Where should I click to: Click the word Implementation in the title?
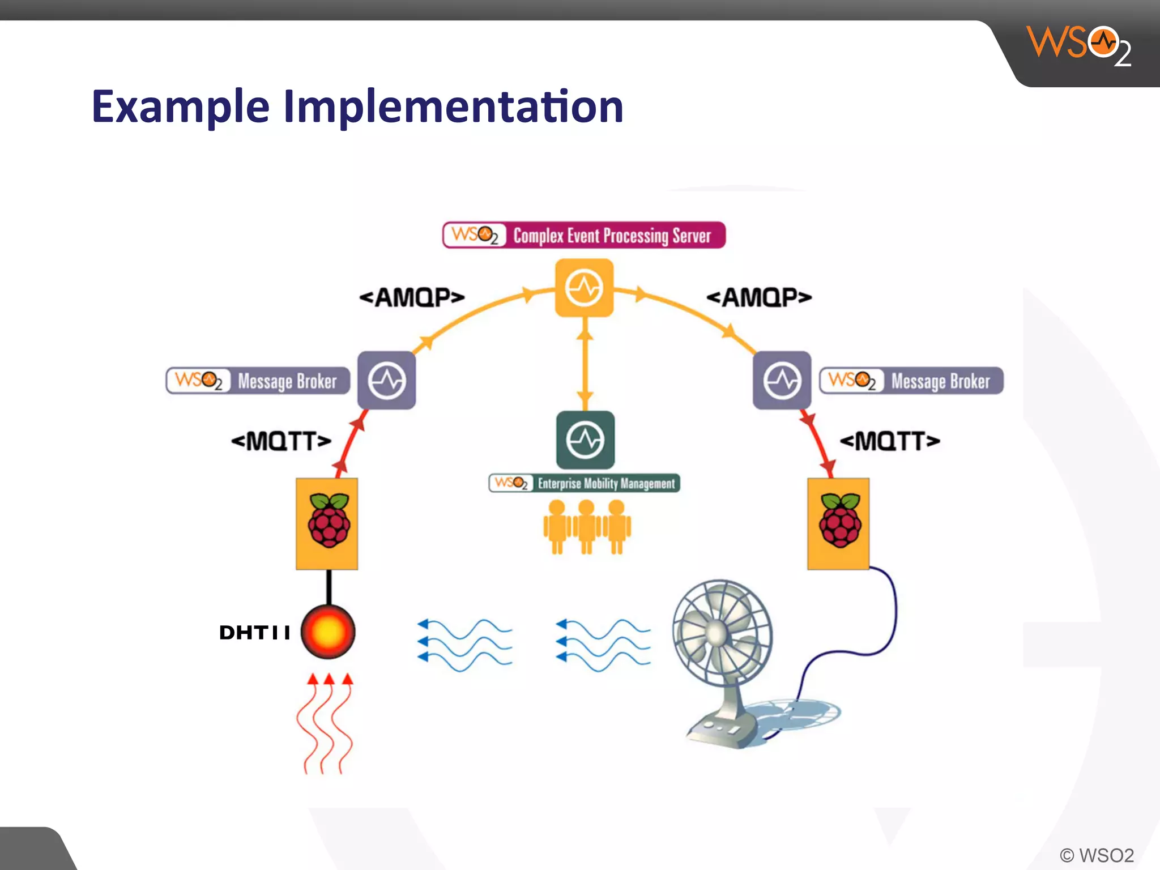point(453,108)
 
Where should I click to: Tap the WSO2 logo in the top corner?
point(1078,45)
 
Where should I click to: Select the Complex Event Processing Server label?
point(584,235)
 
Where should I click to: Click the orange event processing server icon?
point(584,288)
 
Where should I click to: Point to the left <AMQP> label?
point(412,297)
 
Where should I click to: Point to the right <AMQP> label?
point(759,297)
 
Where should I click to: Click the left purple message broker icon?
point(387,380)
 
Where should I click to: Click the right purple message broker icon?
point(782,380)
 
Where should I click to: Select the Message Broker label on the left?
point(258,381)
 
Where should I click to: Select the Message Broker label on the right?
point(911,381)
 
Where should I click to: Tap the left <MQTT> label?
point(281,441)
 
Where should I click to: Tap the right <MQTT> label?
point(889,441)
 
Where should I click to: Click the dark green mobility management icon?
point(585,440)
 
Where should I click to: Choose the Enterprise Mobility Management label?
point(584,483)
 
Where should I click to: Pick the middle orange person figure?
point(586,527)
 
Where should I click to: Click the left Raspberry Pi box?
point(327,524)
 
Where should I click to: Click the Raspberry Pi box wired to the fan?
point(838,524)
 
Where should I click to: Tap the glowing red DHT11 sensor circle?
point(328,632)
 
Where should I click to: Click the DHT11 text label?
point(255,633)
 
